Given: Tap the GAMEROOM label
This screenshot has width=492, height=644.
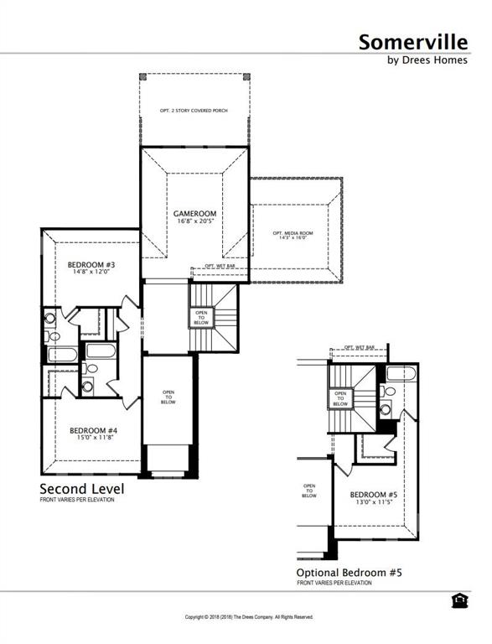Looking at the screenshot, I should click(195, 214).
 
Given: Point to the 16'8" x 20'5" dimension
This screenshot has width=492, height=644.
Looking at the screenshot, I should click(195, 223).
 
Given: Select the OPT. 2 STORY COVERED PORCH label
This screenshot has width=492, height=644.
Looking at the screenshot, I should click(194, 110).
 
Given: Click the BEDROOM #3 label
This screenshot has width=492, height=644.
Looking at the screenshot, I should click(91, 265).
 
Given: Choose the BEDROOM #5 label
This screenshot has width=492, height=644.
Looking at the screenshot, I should click(373, 495).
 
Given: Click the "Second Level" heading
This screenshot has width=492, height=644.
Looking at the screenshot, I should click(82, 489).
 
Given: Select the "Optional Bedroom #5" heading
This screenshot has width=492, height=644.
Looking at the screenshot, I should click(350, 573).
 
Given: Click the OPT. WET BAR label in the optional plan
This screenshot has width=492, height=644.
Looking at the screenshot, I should click(359, 347).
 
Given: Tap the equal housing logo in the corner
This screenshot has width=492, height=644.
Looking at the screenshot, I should click(458, 600).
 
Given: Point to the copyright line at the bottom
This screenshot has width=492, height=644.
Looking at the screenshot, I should click(248, 616).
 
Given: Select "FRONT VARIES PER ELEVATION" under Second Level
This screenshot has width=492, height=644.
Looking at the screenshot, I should click(76, 500).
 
